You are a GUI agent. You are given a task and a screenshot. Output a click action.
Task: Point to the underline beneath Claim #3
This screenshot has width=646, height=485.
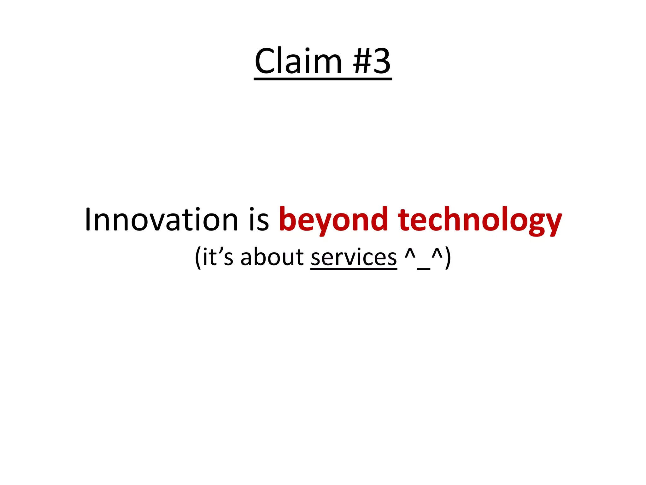click(x=323, y=78)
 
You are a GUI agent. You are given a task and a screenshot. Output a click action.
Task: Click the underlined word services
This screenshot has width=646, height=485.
click(x=354, y=257)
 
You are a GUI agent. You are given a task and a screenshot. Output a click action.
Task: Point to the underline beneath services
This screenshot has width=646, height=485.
click(x=354, y=268)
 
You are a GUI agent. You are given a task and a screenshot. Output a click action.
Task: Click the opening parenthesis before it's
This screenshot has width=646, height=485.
click(x=198, y=257)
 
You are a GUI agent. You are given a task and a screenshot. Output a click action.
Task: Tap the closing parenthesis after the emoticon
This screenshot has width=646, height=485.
click(x=448, y=257)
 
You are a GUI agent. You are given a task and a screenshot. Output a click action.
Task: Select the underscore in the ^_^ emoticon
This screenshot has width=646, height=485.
click(x=423, y=269)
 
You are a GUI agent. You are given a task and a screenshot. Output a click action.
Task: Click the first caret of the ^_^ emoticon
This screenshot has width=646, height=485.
click(x=410, y=253)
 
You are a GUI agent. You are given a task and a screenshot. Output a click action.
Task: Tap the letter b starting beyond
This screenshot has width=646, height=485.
click(x=287, y=219)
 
